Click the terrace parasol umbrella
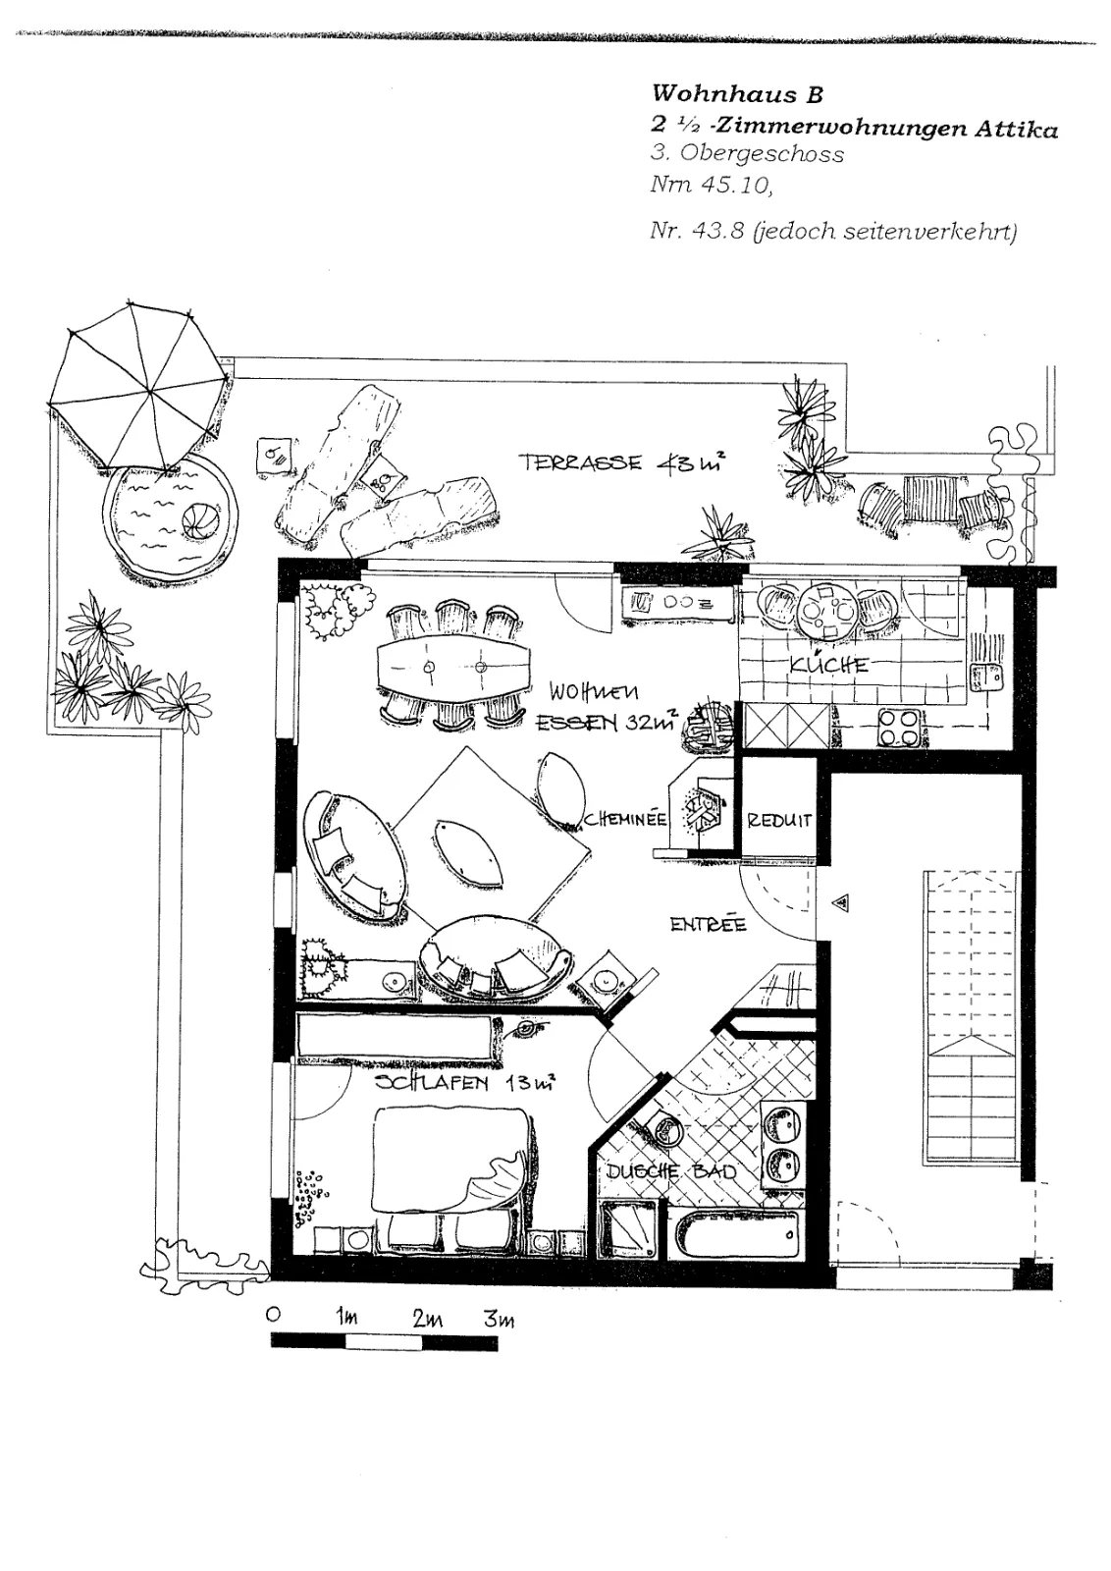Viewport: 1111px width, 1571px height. [138, 387]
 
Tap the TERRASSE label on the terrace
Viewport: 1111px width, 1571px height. [580, 462]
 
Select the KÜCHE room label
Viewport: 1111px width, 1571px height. [829, 664]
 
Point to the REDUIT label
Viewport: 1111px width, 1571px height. [779, 821]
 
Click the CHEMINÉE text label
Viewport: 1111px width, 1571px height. [624, 819]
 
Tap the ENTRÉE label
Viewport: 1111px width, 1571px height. [708, 924]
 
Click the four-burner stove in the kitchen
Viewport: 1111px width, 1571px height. [899, 728]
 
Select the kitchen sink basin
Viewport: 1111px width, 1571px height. [987, 677]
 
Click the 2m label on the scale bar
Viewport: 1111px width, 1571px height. [427, 1320]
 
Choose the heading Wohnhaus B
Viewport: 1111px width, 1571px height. [737, 94]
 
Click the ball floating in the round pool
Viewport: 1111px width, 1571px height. [197, 521]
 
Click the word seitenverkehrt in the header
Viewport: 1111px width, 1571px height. [929, 232]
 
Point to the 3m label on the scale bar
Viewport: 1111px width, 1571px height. [499, 1320]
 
